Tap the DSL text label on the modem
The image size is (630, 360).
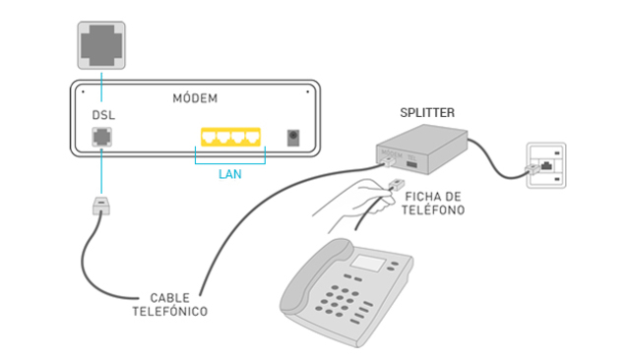coord(103,115)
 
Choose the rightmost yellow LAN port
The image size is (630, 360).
coord(255,137)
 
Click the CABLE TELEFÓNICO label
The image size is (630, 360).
coord(170,303)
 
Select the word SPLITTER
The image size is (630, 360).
coord(427,113)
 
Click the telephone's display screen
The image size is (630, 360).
coord(370,264)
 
